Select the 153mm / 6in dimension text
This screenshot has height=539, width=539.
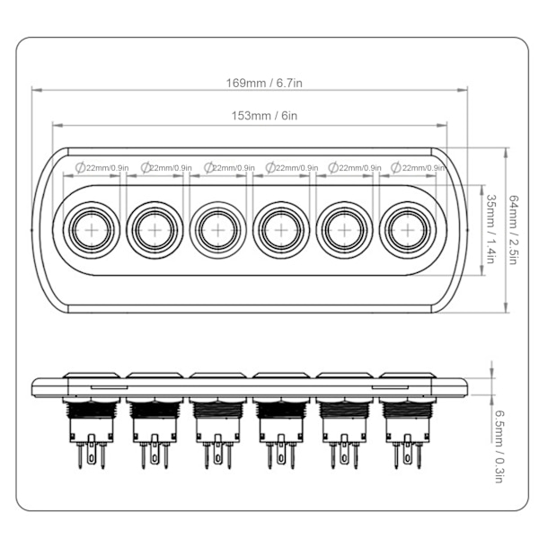[x=252, y=116]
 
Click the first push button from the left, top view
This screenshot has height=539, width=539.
[x=90, y=230]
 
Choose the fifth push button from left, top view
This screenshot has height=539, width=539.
[x=342, y=230]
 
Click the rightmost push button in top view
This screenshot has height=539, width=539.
[x=406, y=230]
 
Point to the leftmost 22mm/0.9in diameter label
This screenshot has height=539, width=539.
[x=102, y=167]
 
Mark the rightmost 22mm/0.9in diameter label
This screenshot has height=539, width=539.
[x=419, y=167]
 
